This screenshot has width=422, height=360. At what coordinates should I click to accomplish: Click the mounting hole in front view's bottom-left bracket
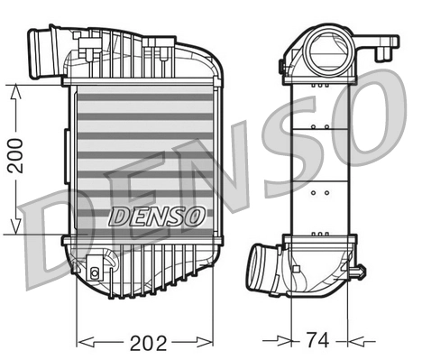coord(94,270)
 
